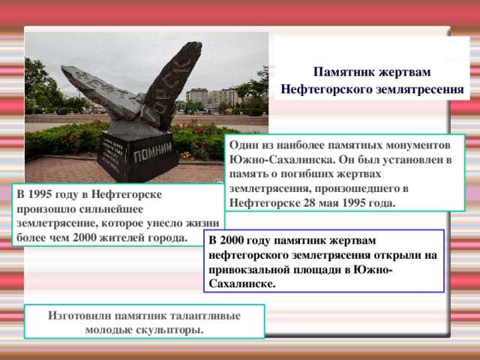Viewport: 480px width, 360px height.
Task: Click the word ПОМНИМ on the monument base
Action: pyautogui.click(x=153, y=152)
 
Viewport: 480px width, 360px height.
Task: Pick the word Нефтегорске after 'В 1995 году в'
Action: pyautogui.click(x=127, y=194)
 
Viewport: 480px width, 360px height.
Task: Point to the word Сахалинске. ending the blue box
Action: pyautogui.click(x=242, y=283)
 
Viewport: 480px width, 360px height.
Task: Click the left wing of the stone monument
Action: pyautogui.click(x=101, y=91)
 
